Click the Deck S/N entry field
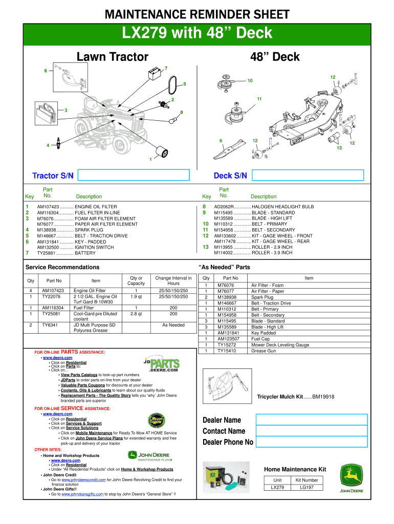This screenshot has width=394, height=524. click(308, 176)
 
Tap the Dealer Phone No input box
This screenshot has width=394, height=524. click(312, 442)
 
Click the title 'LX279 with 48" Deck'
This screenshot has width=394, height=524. click(197, 33)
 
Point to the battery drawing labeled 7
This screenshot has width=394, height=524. click(153, 75)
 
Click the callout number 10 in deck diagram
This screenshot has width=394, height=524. click(250, 81)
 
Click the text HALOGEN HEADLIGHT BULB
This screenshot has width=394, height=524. click(282, 207)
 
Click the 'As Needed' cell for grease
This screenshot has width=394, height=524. click(173, 324)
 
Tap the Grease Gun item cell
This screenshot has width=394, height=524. click(264, 351)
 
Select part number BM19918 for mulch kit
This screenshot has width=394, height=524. click(323, 397)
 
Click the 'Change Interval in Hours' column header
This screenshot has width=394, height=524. click(173, 280)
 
